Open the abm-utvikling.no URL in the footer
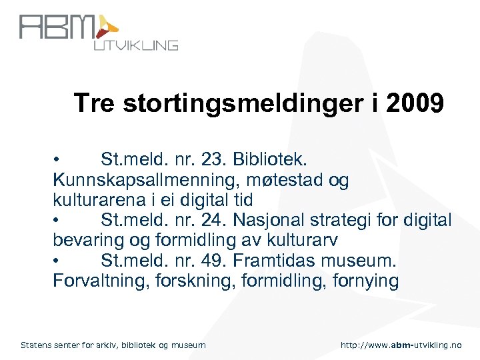click(400, 345)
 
